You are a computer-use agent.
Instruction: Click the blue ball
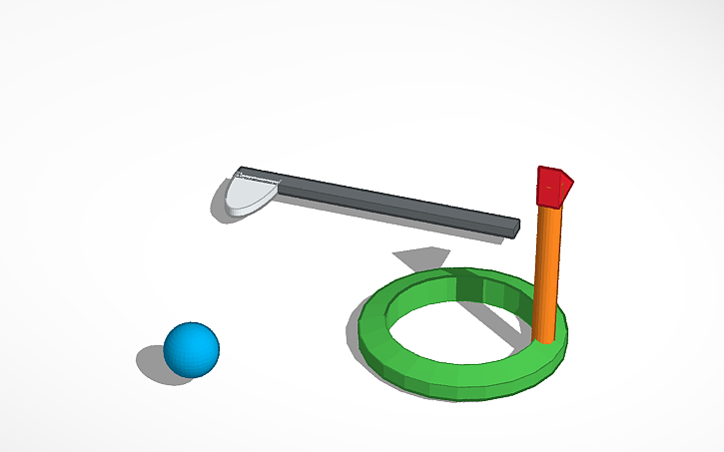click(x=192, y=349)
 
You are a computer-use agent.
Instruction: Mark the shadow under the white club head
click(x=220, y=206)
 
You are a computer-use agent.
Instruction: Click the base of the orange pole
click(x=543, y=336)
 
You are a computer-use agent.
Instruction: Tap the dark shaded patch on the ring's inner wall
click(x=468, y=287)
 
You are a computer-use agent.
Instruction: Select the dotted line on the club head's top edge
click(x=258, y=180)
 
